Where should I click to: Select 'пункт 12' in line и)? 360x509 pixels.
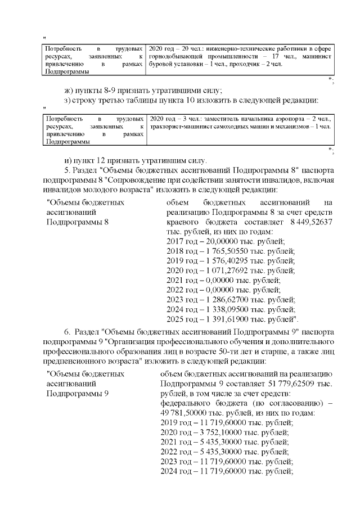pos(94,159)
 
